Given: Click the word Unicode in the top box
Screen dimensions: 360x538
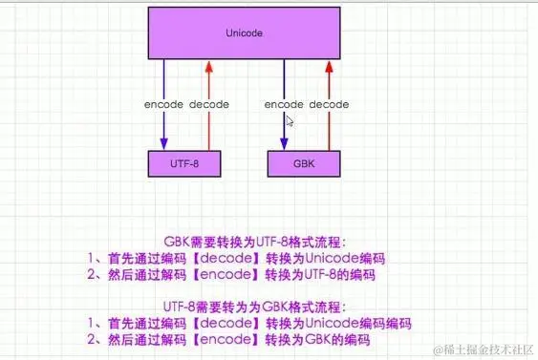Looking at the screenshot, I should click(244, 33).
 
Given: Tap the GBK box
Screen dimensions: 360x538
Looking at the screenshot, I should click(304, 163).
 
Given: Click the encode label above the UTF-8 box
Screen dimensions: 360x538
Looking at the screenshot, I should click(163, 104).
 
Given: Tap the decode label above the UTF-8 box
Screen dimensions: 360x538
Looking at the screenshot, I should click(209, 104).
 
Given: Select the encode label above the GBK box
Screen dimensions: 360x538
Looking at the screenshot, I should click(284, 104).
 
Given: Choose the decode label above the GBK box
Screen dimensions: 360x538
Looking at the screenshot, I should click(329, 104).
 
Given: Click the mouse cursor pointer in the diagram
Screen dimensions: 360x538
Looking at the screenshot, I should click(290, 120).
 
